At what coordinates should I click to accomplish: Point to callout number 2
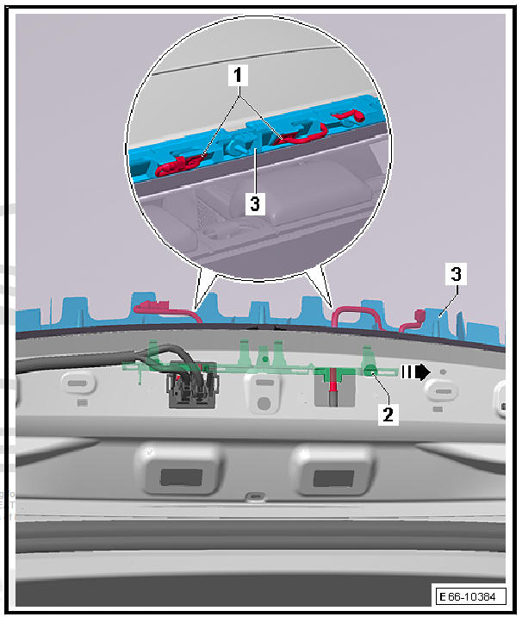(x=388, y=414)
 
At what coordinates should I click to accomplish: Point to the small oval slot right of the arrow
(x=441, y=389)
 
